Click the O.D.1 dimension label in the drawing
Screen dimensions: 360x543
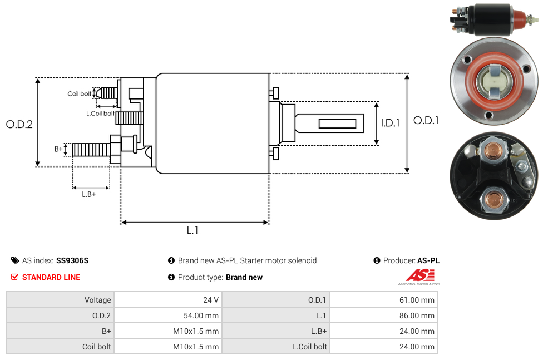coord(426,120)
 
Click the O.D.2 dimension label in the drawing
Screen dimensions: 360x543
coord(19,124)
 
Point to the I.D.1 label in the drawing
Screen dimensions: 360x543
coord(390,123)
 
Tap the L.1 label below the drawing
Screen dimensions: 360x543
coord(192,230)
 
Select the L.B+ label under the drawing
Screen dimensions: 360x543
coord(88,194)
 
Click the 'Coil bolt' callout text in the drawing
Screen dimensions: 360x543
coord(79,93)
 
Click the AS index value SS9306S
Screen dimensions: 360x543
coord(72,260)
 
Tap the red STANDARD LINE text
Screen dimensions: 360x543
coord(51,277)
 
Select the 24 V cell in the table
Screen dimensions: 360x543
coord(211,300)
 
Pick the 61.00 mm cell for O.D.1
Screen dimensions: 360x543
coord(417,300)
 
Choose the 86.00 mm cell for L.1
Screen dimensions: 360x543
coord(417,315)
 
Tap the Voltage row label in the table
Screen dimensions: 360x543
coord(98,300)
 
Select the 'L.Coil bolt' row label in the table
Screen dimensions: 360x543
coord(309,347)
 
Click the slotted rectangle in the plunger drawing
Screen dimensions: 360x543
coord(337,123)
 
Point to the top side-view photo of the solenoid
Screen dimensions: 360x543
coord(493,20)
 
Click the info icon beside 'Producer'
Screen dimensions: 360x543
coord(377,260)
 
